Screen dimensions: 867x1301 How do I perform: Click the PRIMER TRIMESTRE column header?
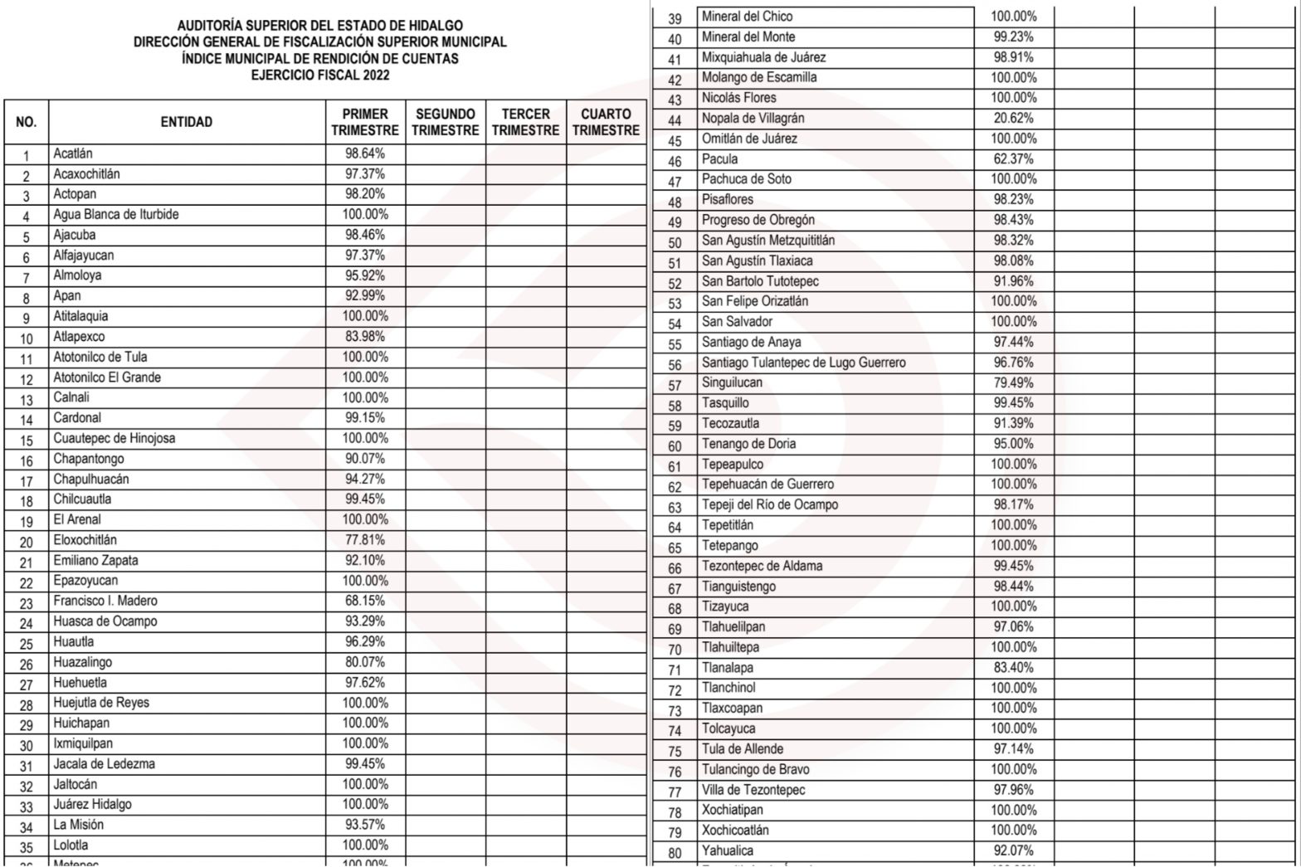pos(365,122)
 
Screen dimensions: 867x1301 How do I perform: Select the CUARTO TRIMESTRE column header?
pos(606,122)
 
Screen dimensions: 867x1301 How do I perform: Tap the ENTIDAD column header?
pos(187,122)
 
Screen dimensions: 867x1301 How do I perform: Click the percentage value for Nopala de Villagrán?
pos(1013,119)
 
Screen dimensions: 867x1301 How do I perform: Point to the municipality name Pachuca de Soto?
pos(746,179)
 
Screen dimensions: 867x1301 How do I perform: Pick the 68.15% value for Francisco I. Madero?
pos(365,601)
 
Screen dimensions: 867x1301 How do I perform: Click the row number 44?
pos(675,120)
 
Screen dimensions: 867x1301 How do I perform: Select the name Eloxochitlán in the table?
pos(85,540)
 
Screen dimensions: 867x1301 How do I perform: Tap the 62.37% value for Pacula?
pos(1013,159)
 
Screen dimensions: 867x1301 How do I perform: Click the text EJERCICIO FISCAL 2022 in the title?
pos(320,75)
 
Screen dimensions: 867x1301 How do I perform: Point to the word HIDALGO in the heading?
pos(435,26)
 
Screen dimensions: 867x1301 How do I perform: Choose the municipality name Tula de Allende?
pos(743,749)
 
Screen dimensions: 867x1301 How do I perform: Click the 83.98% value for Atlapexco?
pos(365,337)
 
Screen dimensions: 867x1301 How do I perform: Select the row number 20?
pos(27,543)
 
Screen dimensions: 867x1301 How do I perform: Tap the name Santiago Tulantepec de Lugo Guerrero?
pos(803,363)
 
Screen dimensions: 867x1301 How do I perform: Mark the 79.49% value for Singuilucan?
pos(1013,382)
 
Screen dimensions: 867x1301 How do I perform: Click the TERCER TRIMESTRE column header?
pos(525,122)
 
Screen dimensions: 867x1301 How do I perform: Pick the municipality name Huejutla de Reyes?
pos(101,703)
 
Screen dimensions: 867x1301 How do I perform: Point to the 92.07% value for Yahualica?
pos(1013,850)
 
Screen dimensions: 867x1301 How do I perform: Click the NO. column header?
pos(27,122)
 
